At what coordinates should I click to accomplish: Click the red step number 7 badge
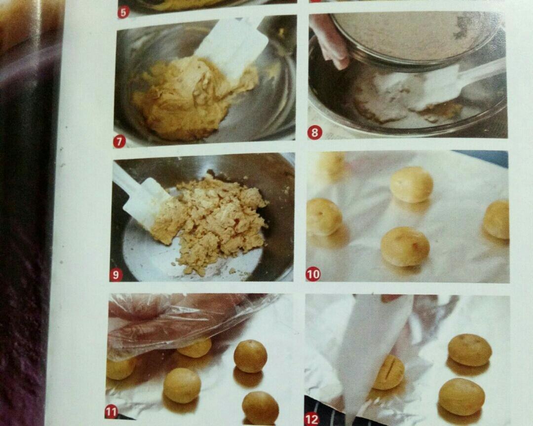(119, 142)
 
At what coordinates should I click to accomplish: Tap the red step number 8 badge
(314, 133)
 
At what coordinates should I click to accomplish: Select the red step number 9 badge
(115, 275)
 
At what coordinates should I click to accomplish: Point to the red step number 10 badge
(313, 274)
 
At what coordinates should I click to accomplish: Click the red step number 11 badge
(112, 412)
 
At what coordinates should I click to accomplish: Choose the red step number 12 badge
(312, 419)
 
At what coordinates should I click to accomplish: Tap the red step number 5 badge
(123, 11)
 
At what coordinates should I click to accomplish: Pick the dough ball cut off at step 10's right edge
(496, 219)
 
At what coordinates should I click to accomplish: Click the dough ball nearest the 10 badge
(324, 217)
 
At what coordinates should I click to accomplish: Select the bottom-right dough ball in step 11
(260, 407)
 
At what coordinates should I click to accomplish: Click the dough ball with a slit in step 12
(389, 372)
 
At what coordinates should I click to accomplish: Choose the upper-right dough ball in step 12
(469, 350)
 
